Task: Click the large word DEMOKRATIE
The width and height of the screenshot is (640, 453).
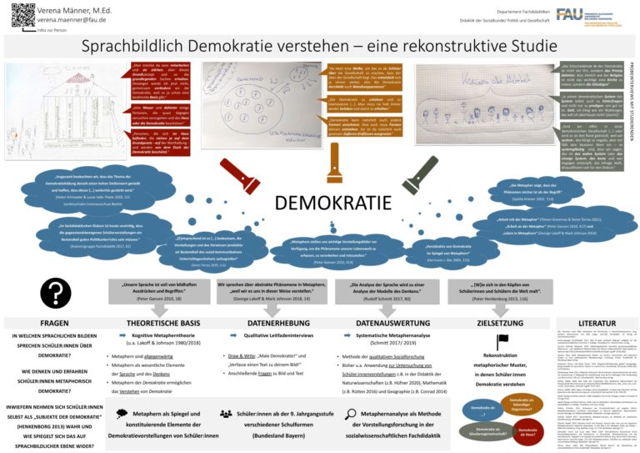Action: pyautogui.click(x=327, y=204)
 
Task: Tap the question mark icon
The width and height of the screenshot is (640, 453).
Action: pyautogui.click(x=54, y=292)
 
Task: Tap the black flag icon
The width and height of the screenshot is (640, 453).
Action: pyautogui.click(x=502, y=342)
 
